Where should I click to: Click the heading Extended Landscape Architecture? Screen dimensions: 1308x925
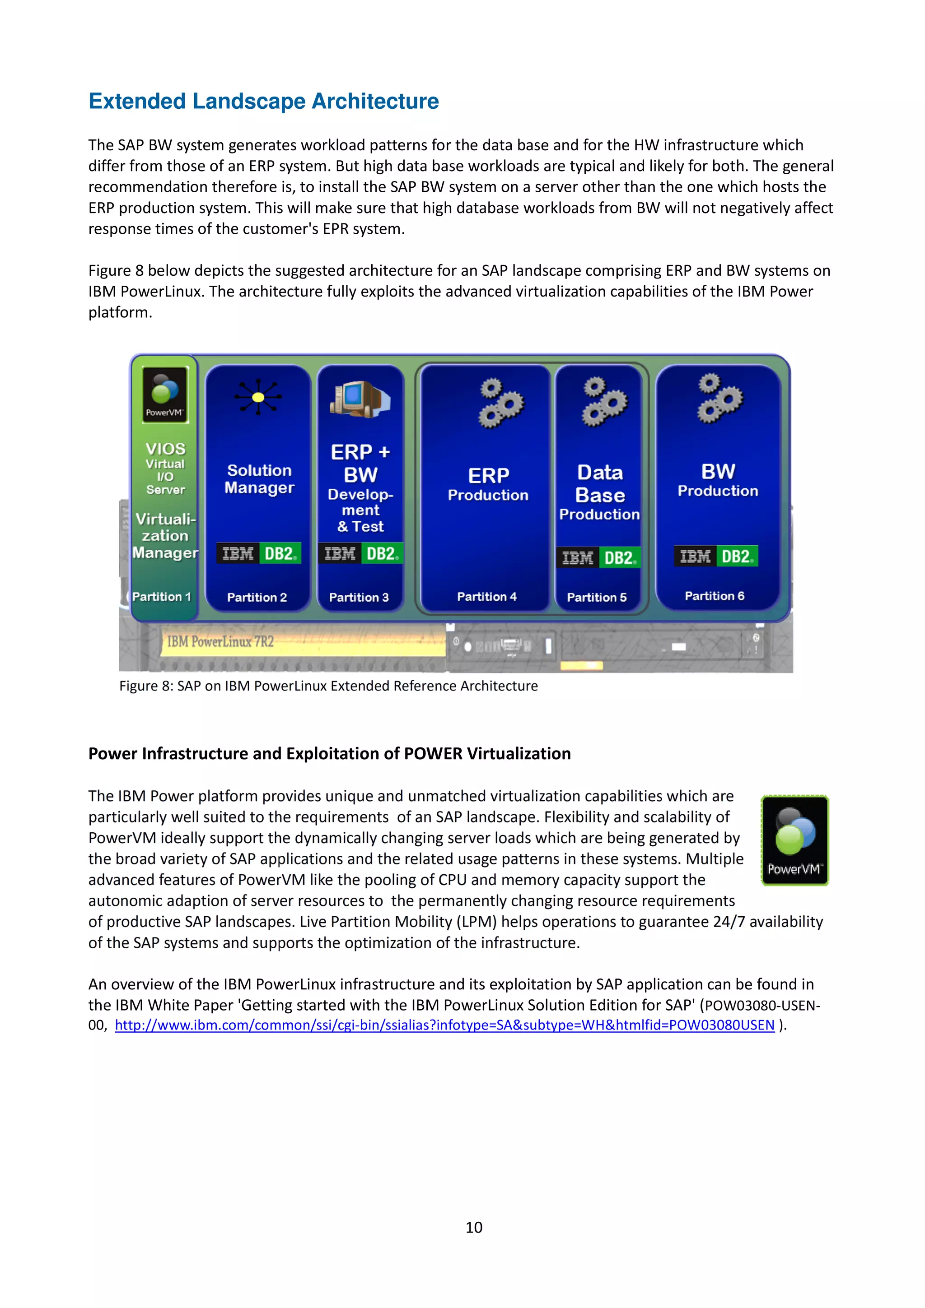pos(263,102)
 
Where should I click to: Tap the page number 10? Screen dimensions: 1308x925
pos(474,1227)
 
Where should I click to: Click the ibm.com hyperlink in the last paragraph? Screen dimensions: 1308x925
pos(444,1025)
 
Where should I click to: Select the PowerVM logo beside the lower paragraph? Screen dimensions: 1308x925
pos(794,840)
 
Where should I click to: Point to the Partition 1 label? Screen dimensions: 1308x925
pos(161,597)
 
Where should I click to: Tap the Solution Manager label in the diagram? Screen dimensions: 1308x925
pos(259,479)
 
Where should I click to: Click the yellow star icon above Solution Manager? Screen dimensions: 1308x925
pos(258,397)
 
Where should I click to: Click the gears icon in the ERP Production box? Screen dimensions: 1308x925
pos(500,403)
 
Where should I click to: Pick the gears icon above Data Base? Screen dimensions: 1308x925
pos(603,402)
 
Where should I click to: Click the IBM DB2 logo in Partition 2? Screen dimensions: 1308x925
pos(258,554)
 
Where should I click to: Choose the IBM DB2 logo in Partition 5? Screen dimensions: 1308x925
pos(598,558)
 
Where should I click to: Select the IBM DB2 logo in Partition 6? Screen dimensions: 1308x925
pos(716,556)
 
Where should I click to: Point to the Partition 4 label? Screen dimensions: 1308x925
pos(487,597)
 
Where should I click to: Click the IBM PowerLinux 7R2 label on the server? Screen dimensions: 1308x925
pos(220,642)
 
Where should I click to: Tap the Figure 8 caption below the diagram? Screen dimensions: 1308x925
pos(328,686)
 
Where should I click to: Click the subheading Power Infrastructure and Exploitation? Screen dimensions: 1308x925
pos(329,754)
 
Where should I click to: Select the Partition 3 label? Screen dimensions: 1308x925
pos(359,597)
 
